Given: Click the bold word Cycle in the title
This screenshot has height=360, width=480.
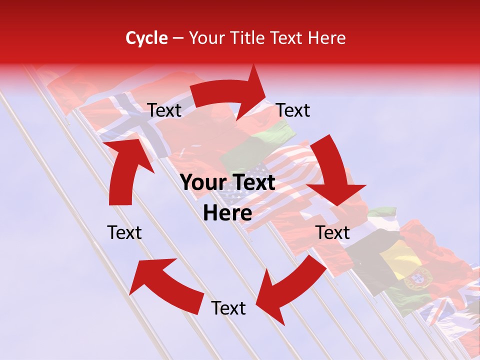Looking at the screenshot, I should pos(146,38).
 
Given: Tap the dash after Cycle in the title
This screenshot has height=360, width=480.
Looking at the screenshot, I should pos(178,38).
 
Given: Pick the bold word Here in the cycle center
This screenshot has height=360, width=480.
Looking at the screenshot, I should pos(227,213).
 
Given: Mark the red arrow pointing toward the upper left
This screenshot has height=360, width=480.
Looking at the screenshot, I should pos(165,285).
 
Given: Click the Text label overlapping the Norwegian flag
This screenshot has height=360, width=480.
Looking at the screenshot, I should pos(164,110).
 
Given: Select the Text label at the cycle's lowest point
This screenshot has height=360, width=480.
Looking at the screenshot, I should pos(228,308).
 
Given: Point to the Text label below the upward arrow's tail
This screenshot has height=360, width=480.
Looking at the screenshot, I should pos(124,232).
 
